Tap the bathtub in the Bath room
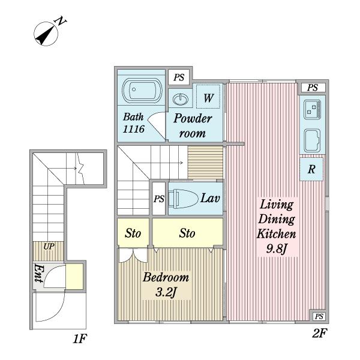(142, 90)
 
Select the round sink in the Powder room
(180, 100)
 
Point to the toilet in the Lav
(183, 199)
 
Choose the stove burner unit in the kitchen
(312, 110)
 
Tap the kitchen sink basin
(312, 140)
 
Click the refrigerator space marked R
(311, 169)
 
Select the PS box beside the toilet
(159, 199)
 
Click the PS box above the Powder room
(179, 77)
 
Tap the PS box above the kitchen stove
(313, 88)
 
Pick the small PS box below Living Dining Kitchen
(319, 316)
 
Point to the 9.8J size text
(277, 249)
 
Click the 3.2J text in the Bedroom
(166, 293)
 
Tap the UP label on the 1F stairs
(49, 247)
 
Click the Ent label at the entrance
(38, 273)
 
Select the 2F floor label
(319, 334)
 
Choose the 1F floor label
(80, 339)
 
